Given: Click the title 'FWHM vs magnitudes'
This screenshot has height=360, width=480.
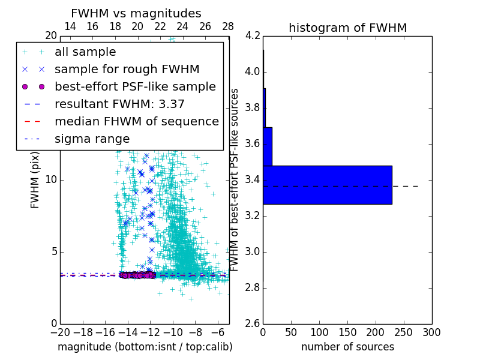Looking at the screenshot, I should pos(136,13).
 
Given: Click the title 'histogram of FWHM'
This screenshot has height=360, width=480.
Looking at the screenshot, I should pos(347,28).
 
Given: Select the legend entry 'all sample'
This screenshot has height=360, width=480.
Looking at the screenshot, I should pos(85,52).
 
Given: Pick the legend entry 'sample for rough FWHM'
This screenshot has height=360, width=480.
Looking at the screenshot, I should pos(127,70).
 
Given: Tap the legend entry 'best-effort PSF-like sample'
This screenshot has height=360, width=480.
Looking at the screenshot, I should pos(135,87).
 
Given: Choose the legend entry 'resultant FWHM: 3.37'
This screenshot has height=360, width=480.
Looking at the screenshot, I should pos(119,104).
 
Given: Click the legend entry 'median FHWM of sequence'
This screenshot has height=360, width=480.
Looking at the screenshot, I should pos(136,122).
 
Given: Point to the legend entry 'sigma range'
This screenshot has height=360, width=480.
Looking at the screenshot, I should pos(92,139).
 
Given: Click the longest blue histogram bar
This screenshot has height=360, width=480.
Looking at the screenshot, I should pos(327,185).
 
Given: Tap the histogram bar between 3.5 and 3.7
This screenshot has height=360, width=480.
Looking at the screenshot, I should pos(268,146).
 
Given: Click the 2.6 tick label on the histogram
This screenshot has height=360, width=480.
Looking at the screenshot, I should pos(252,324).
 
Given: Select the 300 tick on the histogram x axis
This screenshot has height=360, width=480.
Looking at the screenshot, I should pos(431,331).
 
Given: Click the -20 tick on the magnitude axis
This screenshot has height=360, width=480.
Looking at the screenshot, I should pos(60,331).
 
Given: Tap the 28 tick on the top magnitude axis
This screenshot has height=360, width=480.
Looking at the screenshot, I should pos(228,27).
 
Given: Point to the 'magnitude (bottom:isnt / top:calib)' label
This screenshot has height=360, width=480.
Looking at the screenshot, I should pos(145,347).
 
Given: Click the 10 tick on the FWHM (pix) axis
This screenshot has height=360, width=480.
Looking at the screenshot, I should pos(51,180).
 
